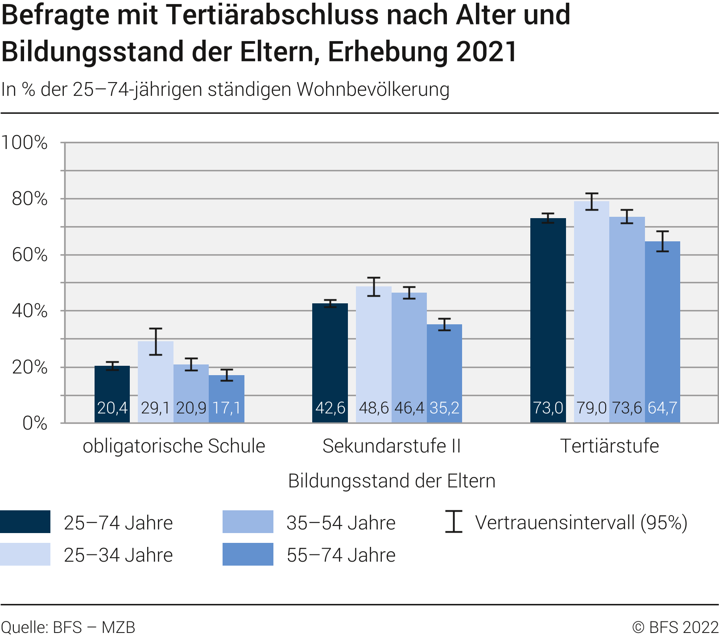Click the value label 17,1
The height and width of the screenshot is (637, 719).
(x=227, y=408)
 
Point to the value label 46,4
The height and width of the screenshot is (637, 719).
(x=409, y=408)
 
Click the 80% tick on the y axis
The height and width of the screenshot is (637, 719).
(x=29, y=199)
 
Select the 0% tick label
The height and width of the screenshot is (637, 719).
(x=35, y=423)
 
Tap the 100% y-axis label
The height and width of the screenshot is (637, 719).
(x=25, y=143)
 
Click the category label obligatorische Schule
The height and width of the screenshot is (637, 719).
(x=174, y=446)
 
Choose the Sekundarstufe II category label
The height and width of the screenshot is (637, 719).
(x=391, y=446)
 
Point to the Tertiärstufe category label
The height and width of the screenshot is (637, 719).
(x=609, y=446)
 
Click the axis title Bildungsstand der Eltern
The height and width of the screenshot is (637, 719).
(x=392, y=481)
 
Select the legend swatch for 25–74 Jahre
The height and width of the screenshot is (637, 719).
(x=25, y=522)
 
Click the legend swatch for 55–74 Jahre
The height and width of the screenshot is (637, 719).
(x=248, y=554)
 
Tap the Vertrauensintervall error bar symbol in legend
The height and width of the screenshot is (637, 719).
(x=454, y=522)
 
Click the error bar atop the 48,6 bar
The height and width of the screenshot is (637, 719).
(x=374, y=287)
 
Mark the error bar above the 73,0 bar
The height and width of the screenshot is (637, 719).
(x=548, y=218)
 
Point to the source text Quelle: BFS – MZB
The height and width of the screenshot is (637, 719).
(x=68, y=627)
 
